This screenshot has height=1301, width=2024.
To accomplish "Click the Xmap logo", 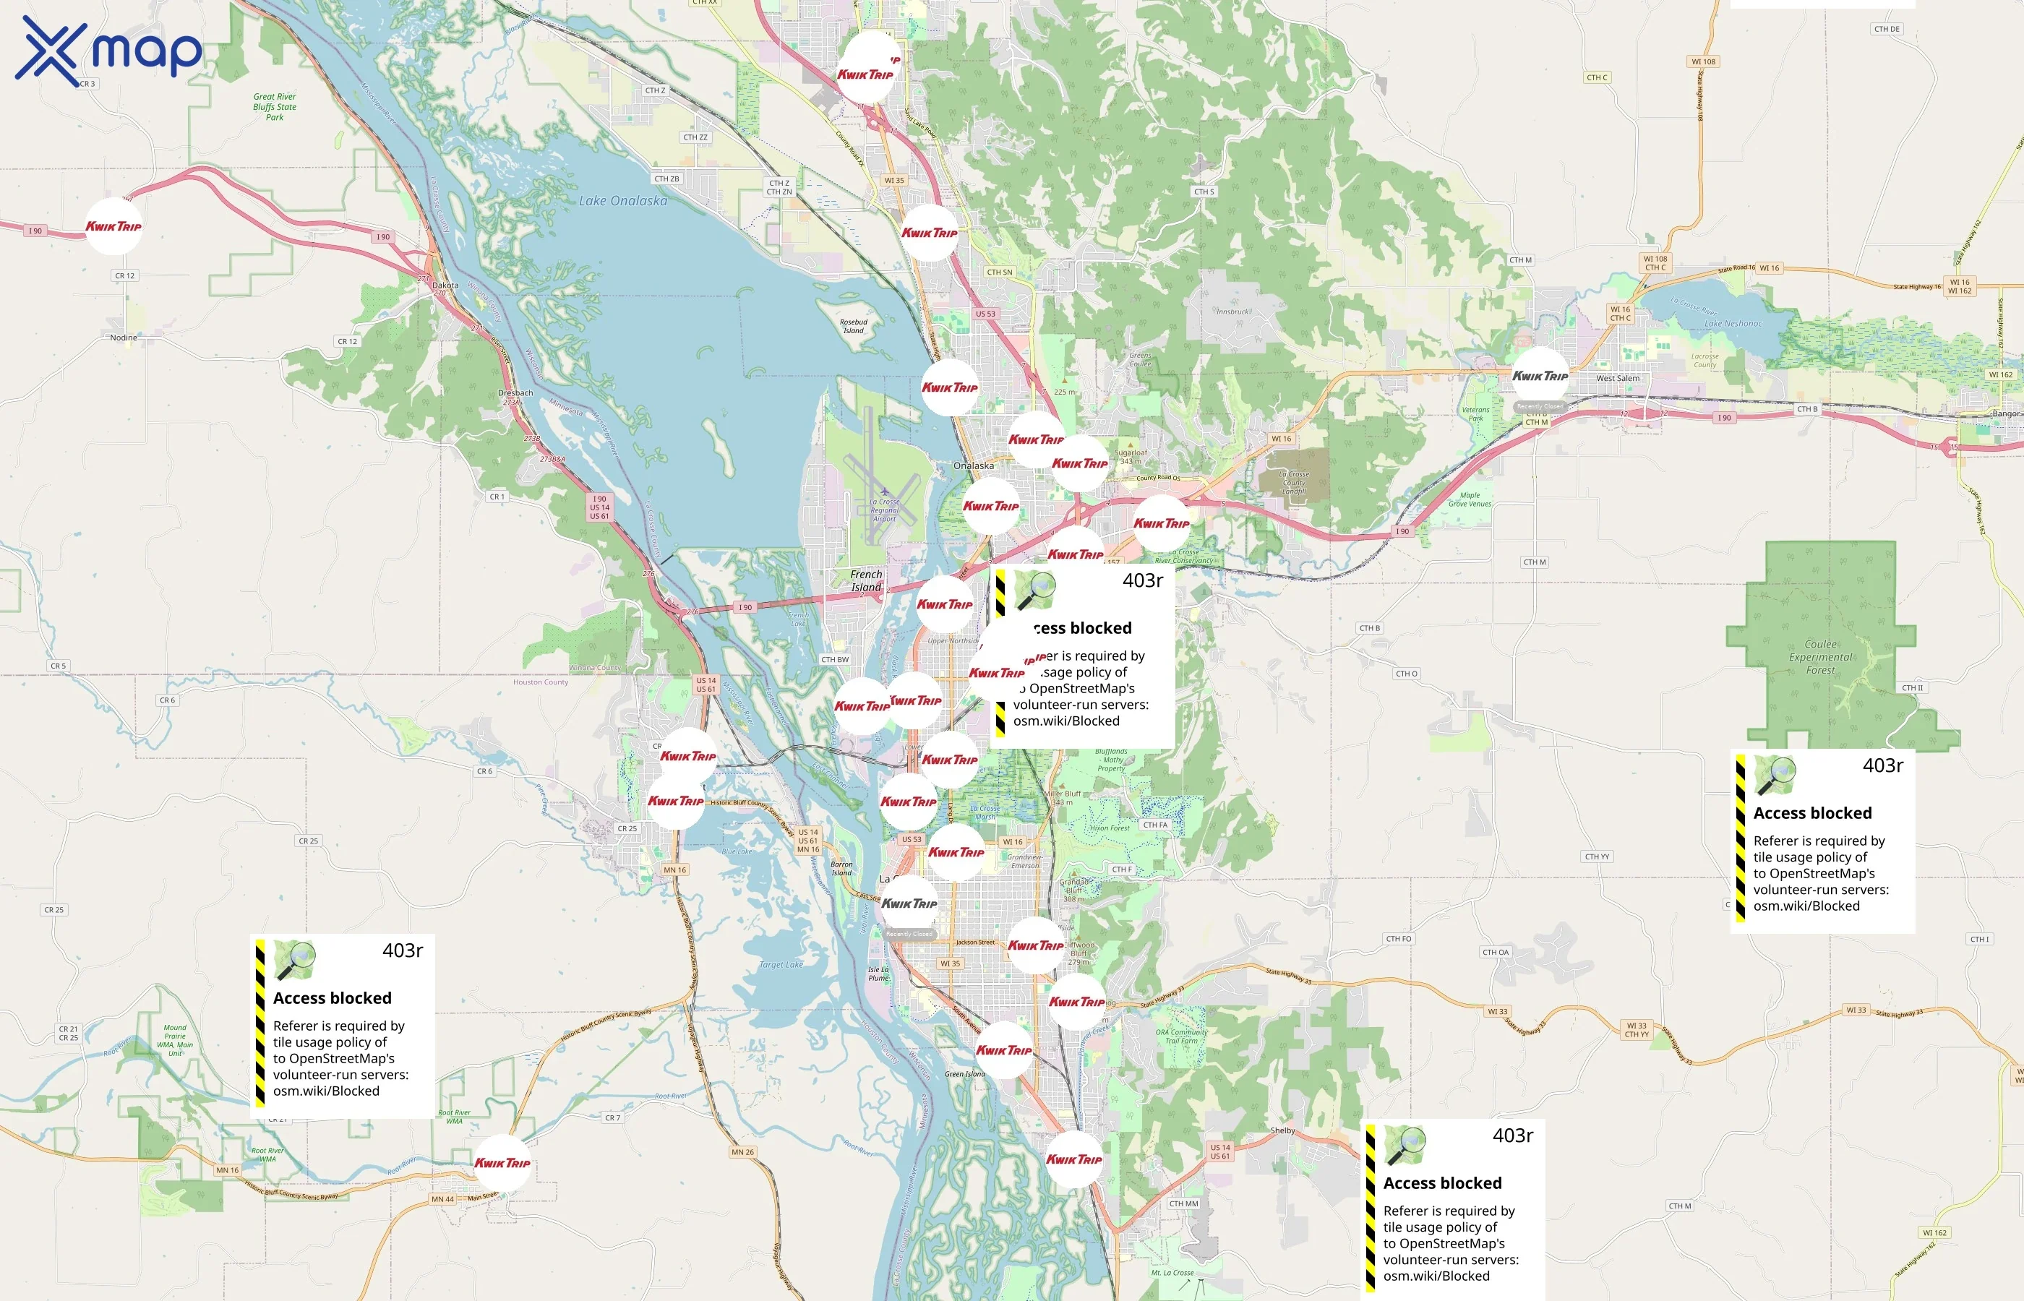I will click(x=108, y=51).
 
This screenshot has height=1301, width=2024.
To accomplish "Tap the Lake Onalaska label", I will click(x=622, y=201).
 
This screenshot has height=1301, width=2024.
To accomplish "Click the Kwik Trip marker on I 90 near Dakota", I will click(x=113, y=226).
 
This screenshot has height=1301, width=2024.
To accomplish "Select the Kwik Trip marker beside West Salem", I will click(x=1540, y=376).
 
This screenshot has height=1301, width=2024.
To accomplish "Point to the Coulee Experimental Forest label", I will click(x=1820, y=657).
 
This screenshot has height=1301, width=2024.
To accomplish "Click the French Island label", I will click(x=866, y=580).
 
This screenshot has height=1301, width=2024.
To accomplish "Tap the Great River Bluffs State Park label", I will click(x=275, y=106).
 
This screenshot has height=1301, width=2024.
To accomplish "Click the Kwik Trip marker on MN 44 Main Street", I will click(x=502, y=1162).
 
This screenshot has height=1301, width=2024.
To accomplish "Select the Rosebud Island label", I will click(x=853, y=326).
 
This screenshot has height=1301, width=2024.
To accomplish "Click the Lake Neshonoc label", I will click(x=1733, y=324).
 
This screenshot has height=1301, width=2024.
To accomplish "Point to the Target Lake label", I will click(x=781, y=965).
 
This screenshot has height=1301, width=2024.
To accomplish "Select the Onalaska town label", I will click(x=973, y=465).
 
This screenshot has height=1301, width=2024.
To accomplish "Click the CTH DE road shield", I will click(x=1887, y=29).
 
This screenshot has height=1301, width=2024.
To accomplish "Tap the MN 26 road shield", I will click(x=742, y=1152).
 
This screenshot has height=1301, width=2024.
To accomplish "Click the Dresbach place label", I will click(x=515, y=393).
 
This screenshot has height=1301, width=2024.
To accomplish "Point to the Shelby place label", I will click(x=1282, y=1130).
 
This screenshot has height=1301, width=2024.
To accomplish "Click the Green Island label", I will click(x=965, y=1075).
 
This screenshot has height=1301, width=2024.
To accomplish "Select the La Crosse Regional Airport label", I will click(x=885, y=510).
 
